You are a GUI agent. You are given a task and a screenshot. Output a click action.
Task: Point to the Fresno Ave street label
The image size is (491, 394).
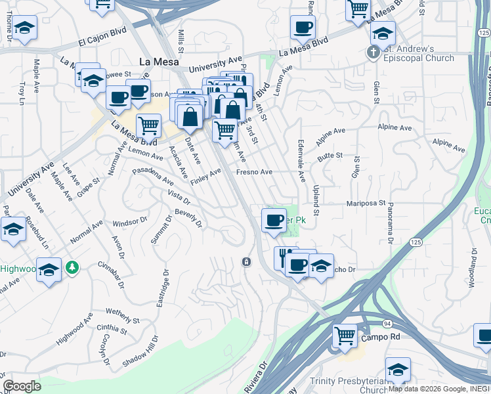(x=255, y=172)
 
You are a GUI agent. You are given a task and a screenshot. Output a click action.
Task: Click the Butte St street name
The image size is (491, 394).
(x=330, y=156)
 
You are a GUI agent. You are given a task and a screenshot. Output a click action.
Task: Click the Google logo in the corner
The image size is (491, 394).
(x=22, y=386)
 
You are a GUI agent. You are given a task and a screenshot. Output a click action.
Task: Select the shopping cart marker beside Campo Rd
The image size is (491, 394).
(x=345, y=336)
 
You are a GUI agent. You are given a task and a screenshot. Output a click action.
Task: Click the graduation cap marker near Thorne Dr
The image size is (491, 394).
(x=25, y=28)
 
